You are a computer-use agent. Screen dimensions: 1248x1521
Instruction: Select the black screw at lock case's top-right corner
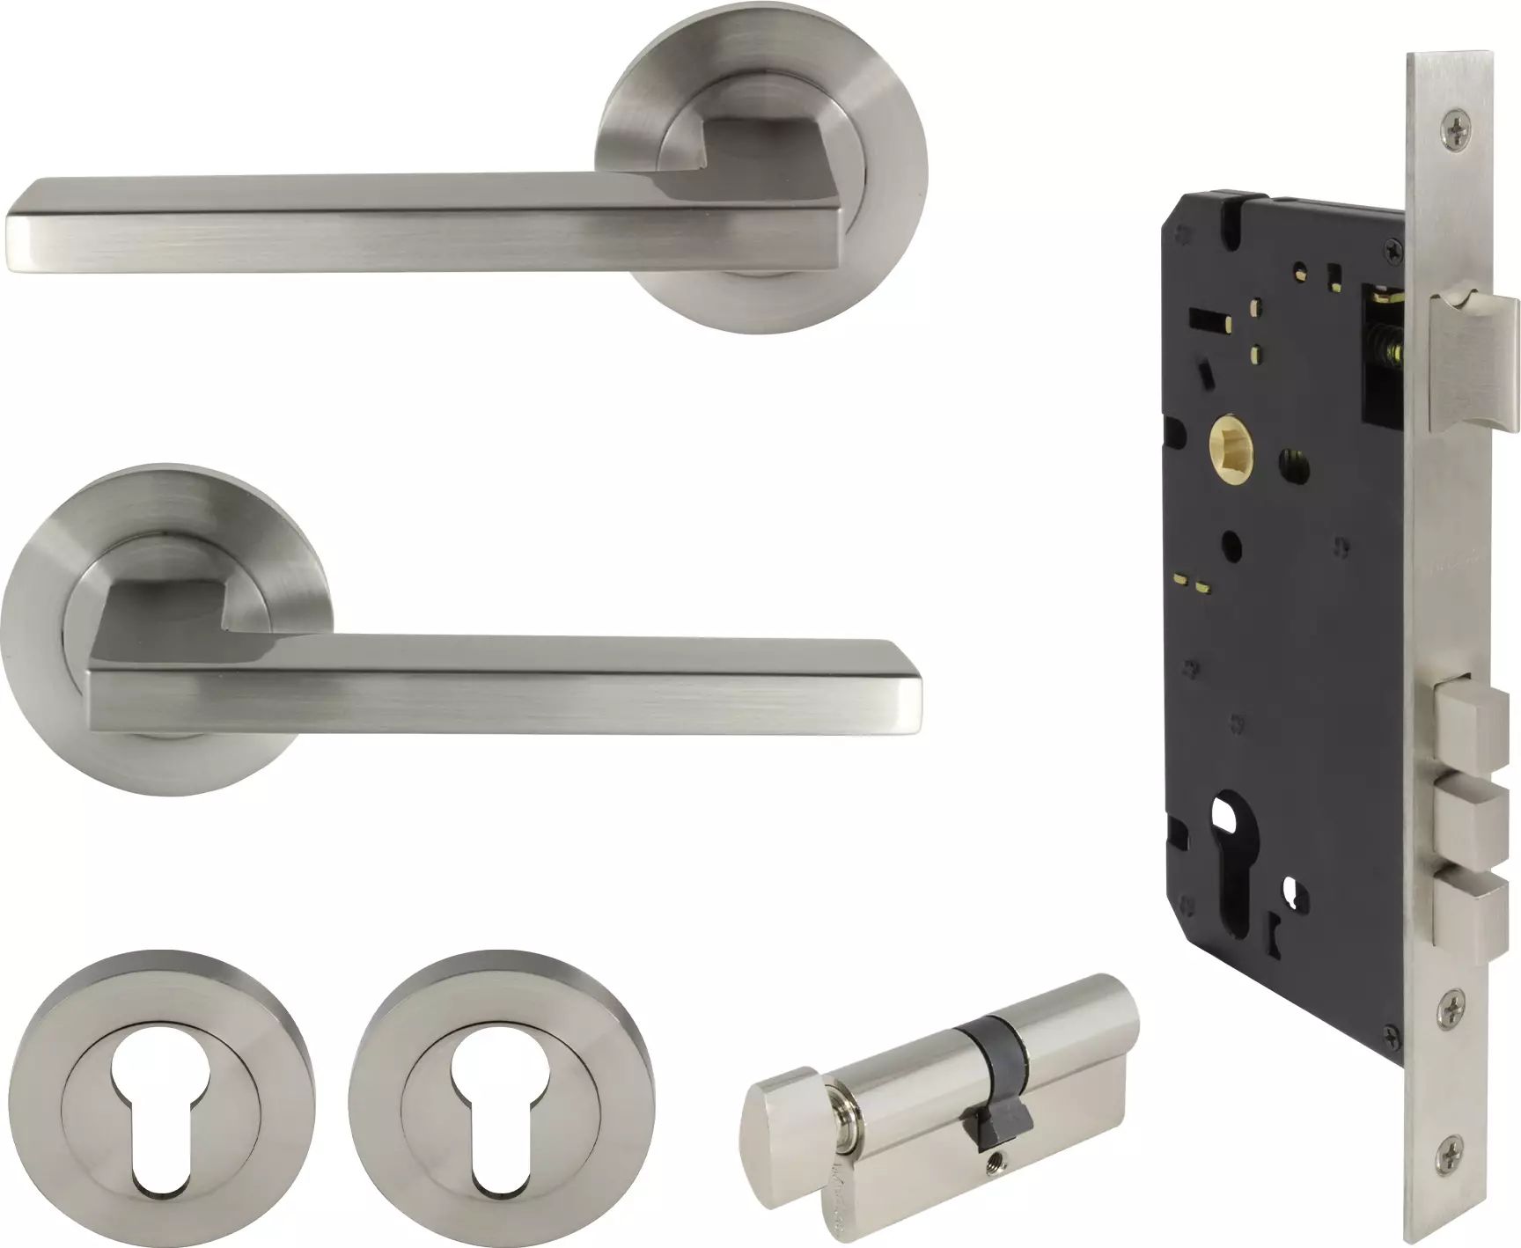[1394, 252]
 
